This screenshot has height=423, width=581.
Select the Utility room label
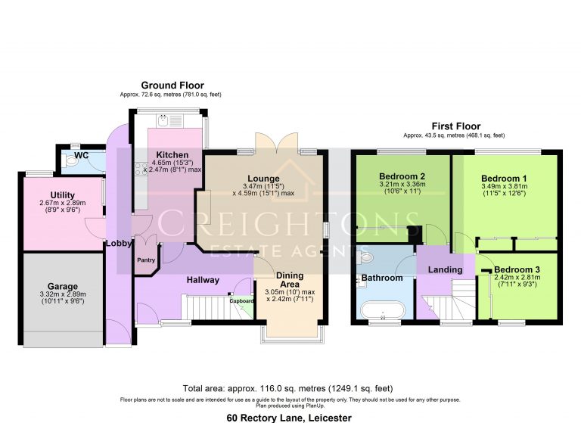[x=57, y=195]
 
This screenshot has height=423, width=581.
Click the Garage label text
[x=64, y=286]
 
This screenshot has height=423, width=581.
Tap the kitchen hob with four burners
[x=140, y=169]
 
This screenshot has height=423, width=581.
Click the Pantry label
[x=145, y=260]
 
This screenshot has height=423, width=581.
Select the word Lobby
[x=119, y=244]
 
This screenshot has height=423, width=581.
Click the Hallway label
[x=204, y=280]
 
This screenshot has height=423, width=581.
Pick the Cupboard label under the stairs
[x=242, y=300]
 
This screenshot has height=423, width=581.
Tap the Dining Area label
[x=290, y=280]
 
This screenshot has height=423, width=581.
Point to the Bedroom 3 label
[x=518, y=270]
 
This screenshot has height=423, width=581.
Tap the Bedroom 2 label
[x=402, y=176]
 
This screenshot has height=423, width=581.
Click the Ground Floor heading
[x=172, y=86]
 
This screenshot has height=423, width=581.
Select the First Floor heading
[x=455, y=126]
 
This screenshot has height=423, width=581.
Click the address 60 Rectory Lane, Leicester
[x=290, y=417]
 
